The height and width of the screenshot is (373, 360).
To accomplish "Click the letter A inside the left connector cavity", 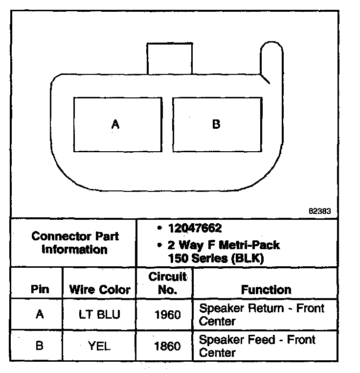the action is tap(115, 124).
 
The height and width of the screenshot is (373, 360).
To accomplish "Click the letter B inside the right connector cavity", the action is tap(216, 124).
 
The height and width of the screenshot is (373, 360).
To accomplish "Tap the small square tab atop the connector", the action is tap(169, 59).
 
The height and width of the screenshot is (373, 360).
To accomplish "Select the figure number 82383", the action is tap(320, 211).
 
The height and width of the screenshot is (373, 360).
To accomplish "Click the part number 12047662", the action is tap(195, 228).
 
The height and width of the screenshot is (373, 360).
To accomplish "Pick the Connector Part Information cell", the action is tap(74, 243).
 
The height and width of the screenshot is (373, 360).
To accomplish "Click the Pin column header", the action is tap(40, 289).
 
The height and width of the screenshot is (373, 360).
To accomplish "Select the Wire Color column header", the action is tap(100, 289).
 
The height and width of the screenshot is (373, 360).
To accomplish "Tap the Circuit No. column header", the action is tap(168, 283).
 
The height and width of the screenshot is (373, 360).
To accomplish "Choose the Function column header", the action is tap(266, 289).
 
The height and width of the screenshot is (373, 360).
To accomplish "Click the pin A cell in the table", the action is tap(40, 315).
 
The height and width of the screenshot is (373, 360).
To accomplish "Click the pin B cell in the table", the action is tap(40, 346).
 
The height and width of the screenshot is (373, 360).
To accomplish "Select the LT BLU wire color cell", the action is tap(99, 315).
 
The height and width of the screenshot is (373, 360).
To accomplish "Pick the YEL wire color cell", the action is tap(99, 346).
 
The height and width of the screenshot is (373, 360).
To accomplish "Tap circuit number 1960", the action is tap(167, 315).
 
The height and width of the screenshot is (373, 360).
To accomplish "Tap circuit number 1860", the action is tap(167, 346).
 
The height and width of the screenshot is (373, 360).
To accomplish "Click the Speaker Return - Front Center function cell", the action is tap(262, 315).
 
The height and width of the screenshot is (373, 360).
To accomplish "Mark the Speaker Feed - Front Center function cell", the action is tap(258, 346).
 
